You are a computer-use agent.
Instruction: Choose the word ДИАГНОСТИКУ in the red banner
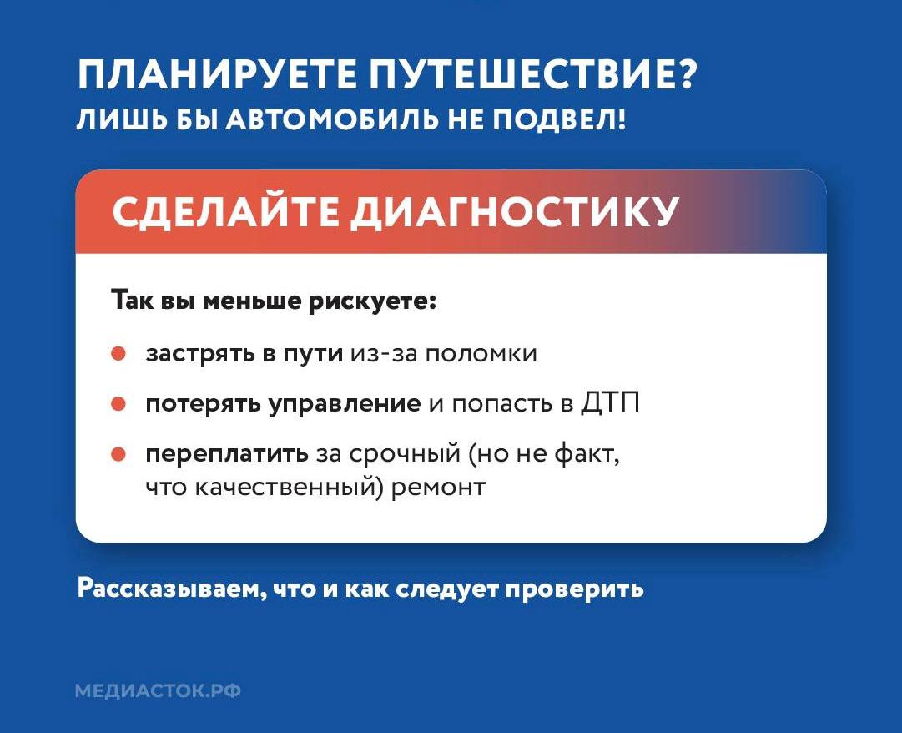click(513, 212)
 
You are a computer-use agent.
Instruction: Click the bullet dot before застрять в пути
click(118, 354)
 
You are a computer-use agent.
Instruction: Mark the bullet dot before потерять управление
click(118, 405)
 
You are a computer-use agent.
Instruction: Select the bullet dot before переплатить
click(118, 455)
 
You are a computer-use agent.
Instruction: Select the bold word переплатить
click(227, 456)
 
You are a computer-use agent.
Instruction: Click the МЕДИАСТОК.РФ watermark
click(158, 691)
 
